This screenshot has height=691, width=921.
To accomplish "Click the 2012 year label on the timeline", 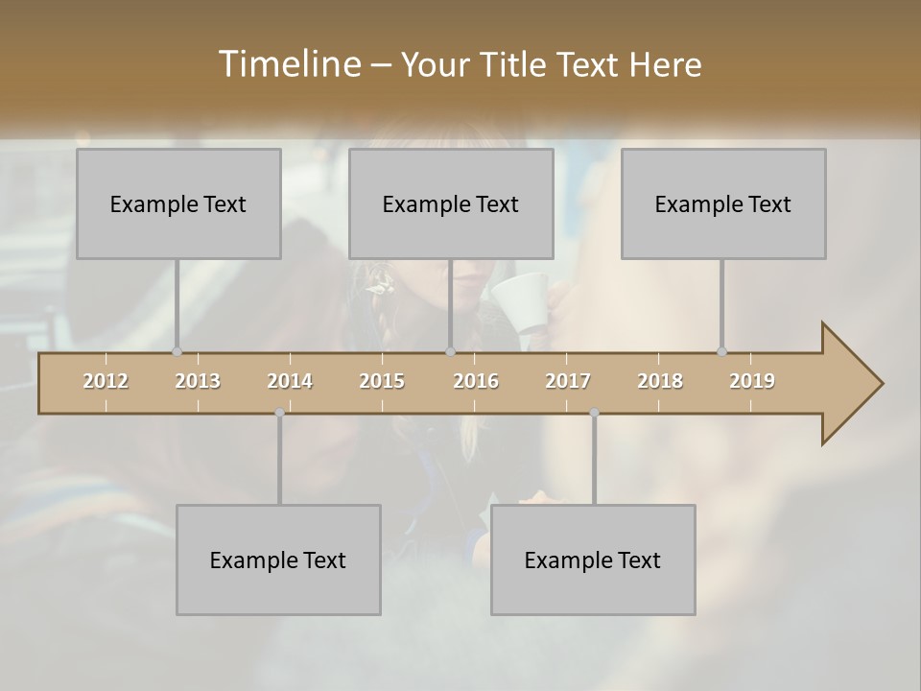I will [x=106, y=381].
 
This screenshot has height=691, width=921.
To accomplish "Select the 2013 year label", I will [x=198, y=381].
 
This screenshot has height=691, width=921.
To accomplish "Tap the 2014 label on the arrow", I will [x=290, y=381].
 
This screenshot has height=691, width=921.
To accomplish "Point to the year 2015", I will [x=382, y=381].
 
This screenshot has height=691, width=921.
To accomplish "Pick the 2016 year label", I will [x=476, y=381].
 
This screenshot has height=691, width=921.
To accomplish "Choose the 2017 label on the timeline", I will [x=568, y=381].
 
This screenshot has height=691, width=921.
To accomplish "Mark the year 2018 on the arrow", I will [x=660, y=381].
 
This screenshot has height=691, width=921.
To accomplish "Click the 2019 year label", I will [x=752, y=381].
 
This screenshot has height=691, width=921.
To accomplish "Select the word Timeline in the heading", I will [x=288, y=64].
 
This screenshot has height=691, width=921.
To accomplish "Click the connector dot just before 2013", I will [x=177, y=351].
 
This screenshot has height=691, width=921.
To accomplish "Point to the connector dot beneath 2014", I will [x=279, y=413].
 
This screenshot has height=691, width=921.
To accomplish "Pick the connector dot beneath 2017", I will [x=594, y=413].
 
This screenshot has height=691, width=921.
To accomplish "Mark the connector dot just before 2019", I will [x=721, y=351].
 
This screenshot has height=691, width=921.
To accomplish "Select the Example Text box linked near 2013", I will [x=178, y=203].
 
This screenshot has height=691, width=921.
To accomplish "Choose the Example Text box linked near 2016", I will [x=451, y=203].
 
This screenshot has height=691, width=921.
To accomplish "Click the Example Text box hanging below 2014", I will [x=278, y=560].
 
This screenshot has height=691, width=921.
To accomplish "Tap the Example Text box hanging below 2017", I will [x=593, y=560].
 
